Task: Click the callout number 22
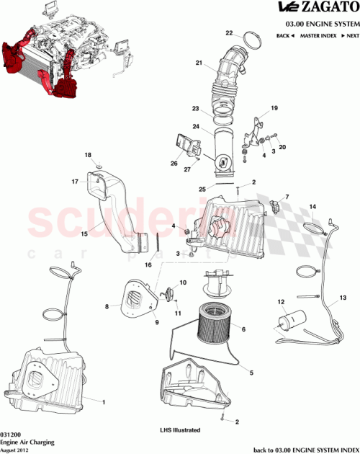(x=229, y=33)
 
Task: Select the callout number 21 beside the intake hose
(x=199, y=63)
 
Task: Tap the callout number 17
(x=74, y=183)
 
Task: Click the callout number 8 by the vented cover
(x=107, y=307)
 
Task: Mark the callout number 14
(x=313, y=207)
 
